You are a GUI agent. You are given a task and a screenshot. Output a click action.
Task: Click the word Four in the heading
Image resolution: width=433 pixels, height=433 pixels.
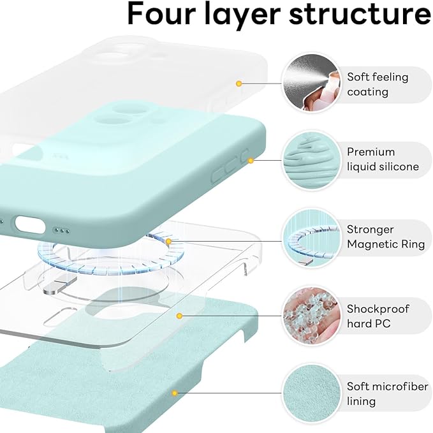tap(161, 14)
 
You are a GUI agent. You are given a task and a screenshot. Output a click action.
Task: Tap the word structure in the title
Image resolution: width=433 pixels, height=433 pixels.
tap(360, 15)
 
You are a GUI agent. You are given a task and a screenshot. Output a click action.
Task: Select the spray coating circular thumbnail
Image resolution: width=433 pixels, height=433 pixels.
tap(311, 83)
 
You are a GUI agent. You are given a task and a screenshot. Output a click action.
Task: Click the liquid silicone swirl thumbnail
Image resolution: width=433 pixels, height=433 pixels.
tap(311, 160)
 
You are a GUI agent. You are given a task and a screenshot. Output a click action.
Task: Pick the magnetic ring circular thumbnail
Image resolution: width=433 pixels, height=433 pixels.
tap(311, 237)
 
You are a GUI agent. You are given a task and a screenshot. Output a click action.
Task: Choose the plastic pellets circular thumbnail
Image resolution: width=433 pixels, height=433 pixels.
tap(311, 316)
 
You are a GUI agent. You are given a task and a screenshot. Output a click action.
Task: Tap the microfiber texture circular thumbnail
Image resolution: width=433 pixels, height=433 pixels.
tap(311, 393)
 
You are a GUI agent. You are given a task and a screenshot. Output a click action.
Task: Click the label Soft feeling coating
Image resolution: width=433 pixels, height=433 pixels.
tap(378, 84)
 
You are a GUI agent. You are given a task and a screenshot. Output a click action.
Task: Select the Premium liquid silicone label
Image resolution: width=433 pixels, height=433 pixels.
tap(383, 159)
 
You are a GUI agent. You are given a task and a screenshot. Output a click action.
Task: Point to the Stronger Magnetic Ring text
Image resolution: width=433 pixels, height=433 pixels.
tap(386, 237)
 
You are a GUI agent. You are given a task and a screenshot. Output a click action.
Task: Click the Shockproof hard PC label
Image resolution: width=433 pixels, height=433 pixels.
tap(378, 316)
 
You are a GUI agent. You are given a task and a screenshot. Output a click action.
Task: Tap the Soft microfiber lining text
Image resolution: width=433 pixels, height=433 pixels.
tap(388, 393)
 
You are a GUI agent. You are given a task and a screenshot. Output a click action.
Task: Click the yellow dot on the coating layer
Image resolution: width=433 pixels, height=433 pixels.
tap(239, 84)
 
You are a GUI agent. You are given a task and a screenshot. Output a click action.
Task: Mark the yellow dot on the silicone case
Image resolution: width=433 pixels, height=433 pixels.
tap(251, 161)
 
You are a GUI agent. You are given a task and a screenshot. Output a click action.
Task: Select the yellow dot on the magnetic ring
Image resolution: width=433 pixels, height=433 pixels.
tap(169, 241)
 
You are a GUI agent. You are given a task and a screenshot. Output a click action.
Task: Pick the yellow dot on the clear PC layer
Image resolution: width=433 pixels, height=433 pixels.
tap(179, 316)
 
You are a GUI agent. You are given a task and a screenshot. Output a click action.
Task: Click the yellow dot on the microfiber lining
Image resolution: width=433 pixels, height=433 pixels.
tap(175, 393)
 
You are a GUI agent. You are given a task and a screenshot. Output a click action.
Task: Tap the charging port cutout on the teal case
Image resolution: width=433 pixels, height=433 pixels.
tap(30, 224)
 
